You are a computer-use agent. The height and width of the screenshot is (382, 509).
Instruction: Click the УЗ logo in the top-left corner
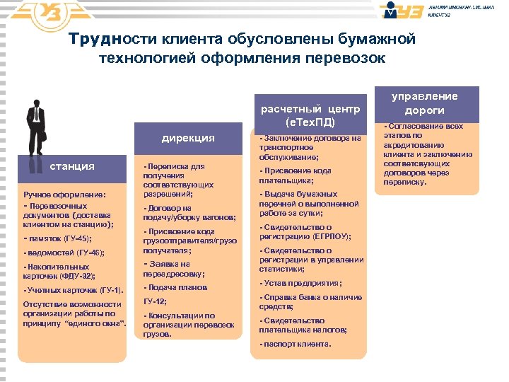pyautogui.click(x=42, y=13)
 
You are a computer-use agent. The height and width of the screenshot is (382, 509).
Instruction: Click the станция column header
pyautogui.click(x=71, y=166)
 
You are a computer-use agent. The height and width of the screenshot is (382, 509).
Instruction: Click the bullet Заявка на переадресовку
pyautogui.click(x=174, y=269)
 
